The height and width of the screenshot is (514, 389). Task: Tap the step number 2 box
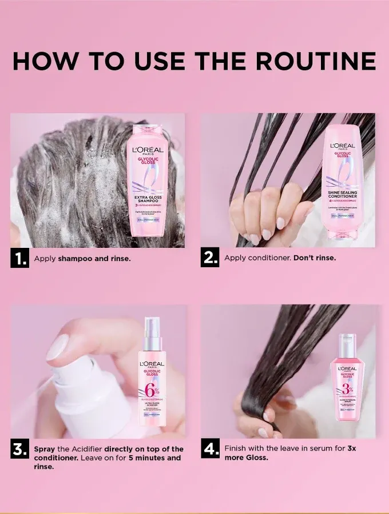(x=210, y=258)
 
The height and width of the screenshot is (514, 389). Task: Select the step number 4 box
(x=210, y=449)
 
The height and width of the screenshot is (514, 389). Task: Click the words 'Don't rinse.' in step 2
(x=315, y=258)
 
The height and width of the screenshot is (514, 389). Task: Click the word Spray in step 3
(x=45, y=449)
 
